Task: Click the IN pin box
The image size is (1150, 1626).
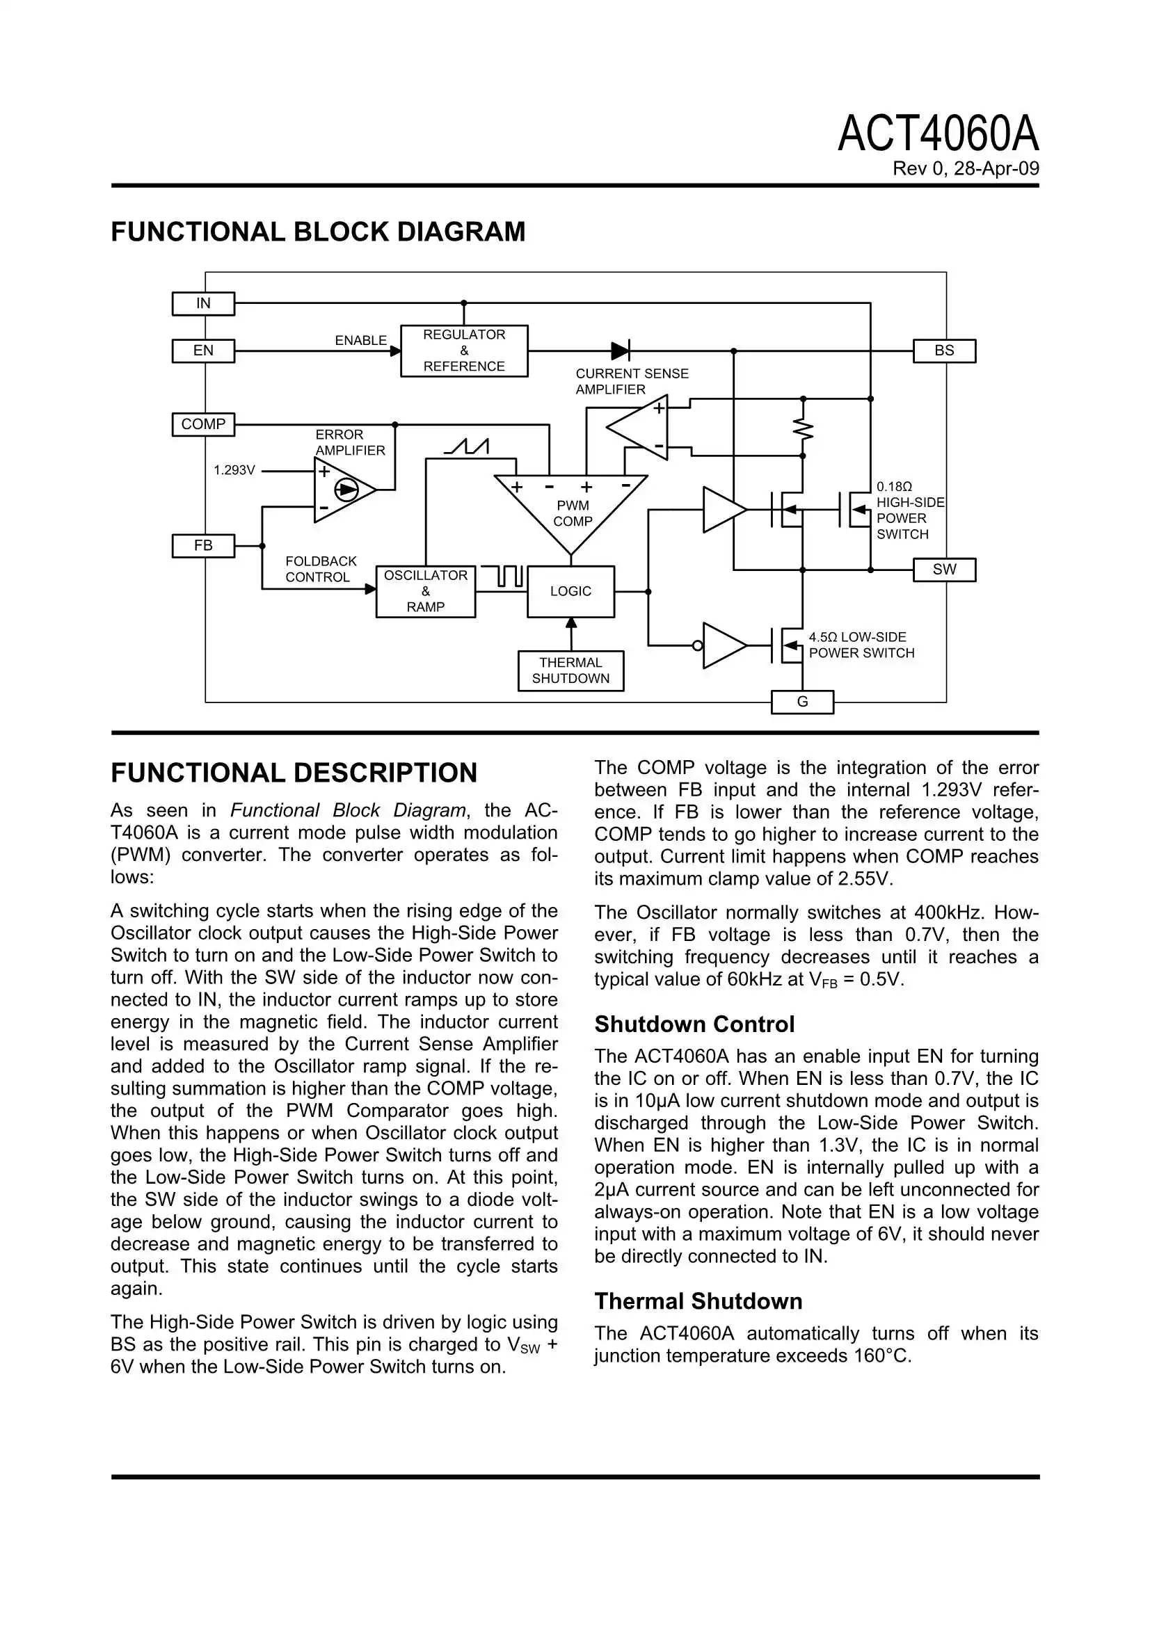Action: tap(203, 304)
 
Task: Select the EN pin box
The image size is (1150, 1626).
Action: tap(203, 351)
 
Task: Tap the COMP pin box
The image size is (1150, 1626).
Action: tap(203, 425)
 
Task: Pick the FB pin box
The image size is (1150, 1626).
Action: tap(203, 546)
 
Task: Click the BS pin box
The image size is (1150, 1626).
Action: tap(944, 351)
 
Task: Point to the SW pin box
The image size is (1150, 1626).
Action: tap(944, 570)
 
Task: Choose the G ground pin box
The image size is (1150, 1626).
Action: tap(802, 702)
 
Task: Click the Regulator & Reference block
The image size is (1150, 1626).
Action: tap(464, 351)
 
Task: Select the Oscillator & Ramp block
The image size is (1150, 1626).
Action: tap(425, 591)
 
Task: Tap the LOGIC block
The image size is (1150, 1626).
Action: tap(570, 591)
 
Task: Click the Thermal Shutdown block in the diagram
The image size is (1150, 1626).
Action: tap(570, 670)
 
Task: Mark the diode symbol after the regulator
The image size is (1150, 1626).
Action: tap(620, 351)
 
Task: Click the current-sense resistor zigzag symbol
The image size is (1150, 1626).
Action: tap(803, 428)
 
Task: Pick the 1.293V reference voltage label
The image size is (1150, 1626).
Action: tap(234, 470)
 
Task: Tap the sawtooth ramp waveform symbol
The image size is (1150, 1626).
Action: tap(467, 447)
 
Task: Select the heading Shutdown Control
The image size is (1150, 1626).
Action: tap(694, 1024)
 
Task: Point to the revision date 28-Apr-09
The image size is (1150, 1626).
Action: tap(996, 169)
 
